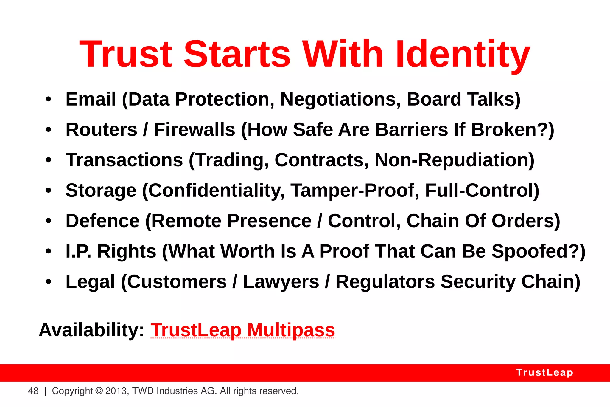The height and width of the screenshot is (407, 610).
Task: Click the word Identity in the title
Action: coord(463,55)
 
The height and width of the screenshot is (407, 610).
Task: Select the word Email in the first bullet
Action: coord(91,99)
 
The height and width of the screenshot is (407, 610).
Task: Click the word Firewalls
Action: coord(194,130)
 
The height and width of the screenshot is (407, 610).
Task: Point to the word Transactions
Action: coord(124,160)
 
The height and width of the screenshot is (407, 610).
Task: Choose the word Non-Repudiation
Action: coord(454,160)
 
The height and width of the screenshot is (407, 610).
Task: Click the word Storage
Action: coord(101,191)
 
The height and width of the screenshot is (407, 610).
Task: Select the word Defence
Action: coord(102,221)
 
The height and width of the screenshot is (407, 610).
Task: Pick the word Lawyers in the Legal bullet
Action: coord(281,282)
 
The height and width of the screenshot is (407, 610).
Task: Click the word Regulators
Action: coord(385,282)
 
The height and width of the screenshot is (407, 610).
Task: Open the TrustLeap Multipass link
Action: coord(243,330)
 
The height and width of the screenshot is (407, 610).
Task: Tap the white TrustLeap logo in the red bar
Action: coord(544,372)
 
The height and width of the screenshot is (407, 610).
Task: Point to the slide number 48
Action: coord(33,391)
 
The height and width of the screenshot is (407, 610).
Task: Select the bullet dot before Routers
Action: coord(49,130)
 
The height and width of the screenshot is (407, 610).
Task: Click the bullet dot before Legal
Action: coord(49,282)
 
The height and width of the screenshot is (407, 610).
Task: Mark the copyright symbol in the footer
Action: coord(99,391)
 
